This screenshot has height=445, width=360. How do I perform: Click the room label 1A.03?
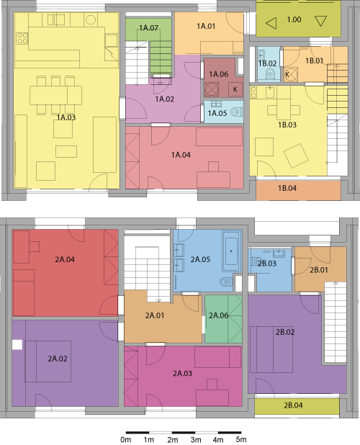(66, 117)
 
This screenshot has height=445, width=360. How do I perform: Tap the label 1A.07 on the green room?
(148, 28)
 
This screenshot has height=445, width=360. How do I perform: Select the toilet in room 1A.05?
(236, 112)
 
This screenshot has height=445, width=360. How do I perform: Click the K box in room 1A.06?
(235, 89)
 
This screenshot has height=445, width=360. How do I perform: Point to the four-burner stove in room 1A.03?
(22, 39)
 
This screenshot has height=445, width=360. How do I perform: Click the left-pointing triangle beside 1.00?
(271, 23)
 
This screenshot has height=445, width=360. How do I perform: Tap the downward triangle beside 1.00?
(320, 22)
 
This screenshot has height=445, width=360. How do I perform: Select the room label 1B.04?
(287, 188)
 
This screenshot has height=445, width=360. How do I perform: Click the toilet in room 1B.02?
(270, 73)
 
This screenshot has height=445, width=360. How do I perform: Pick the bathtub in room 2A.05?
(232, 251)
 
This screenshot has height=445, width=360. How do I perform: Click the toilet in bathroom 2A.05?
(226, 282)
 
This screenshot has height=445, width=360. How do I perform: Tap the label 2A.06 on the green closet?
(218, 315)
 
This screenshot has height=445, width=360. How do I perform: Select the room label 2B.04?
(293, 405)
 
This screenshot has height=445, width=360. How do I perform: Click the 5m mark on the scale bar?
(241, 439)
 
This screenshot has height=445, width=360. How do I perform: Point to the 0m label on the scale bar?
(126, 439)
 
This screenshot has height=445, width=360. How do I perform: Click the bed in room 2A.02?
(48, 361)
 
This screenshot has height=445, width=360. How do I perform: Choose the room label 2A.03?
(182, 373)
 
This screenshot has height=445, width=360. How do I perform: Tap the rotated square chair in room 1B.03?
(296, 156)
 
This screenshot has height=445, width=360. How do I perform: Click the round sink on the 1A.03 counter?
(91, 19)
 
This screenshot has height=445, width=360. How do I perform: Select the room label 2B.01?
(319, 269)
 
